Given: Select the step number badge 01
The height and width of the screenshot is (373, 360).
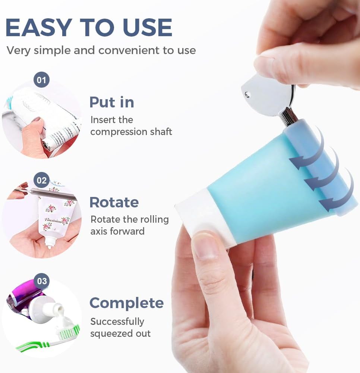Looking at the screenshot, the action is point(41,80).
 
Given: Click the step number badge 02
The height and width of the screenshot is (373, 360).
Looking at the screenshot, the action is point(41,180).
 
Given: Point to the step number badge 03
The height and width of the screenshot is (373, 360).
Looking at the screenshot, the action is point(42,281).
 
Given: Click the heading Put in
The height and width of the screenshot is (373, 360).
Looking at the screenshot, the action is point(112,102).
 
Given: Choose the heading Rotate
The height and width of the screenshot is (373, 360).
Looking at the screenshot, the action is point(114,203).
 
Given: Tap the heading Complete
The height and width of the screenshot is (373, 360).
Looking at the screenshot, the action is point(127,303).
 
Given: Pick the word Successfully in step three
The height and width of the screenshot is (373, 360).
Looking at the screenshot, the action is point(117,322).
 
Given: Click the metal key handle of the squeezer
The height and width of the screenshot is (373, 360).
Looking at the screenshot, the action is point(269,95).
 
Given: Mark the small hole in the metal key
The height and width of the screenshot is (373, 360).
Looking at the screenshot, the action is point(247,94).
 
